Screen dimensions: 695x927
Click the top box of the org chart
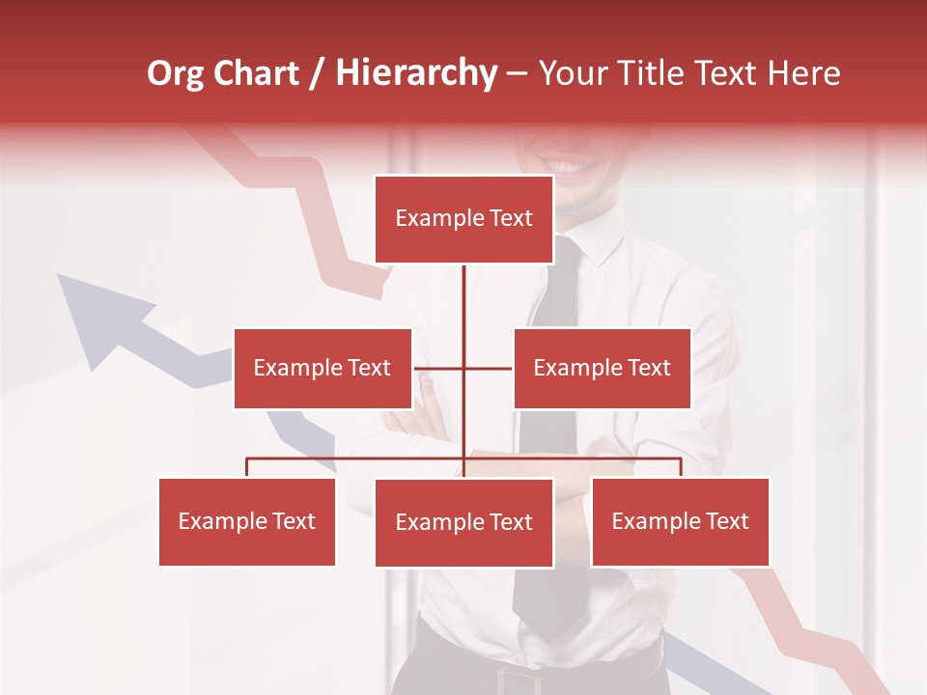pyautogui.click(x=463, y=219)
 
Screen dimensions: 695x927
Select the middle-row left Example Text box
pyautogui.click(x=323, y=368)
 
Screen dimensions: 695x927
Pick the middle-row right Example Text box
pyautogui.click(x=602, y=368)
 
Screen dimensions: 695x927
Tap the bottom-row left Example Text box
pyautogui.click(x=247, y=521)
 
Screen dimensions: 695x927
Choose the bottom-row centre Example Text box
pyautogui.click(x=463, y=522)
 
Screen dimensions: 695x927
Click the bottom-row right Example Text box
pyautogui.click(x=680, y=521)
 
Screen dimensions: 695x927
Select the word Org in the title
pyautogui.click(x=175, y=73)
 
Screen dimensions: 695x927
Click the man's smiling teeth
pyautogui.click(x=569, y=167)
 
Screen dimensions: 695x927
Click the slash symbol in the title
pyautogui.click(x=317, y=73)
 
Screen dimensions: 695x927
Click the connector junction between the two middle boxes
pyautogui.click(x=463, y=368)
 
